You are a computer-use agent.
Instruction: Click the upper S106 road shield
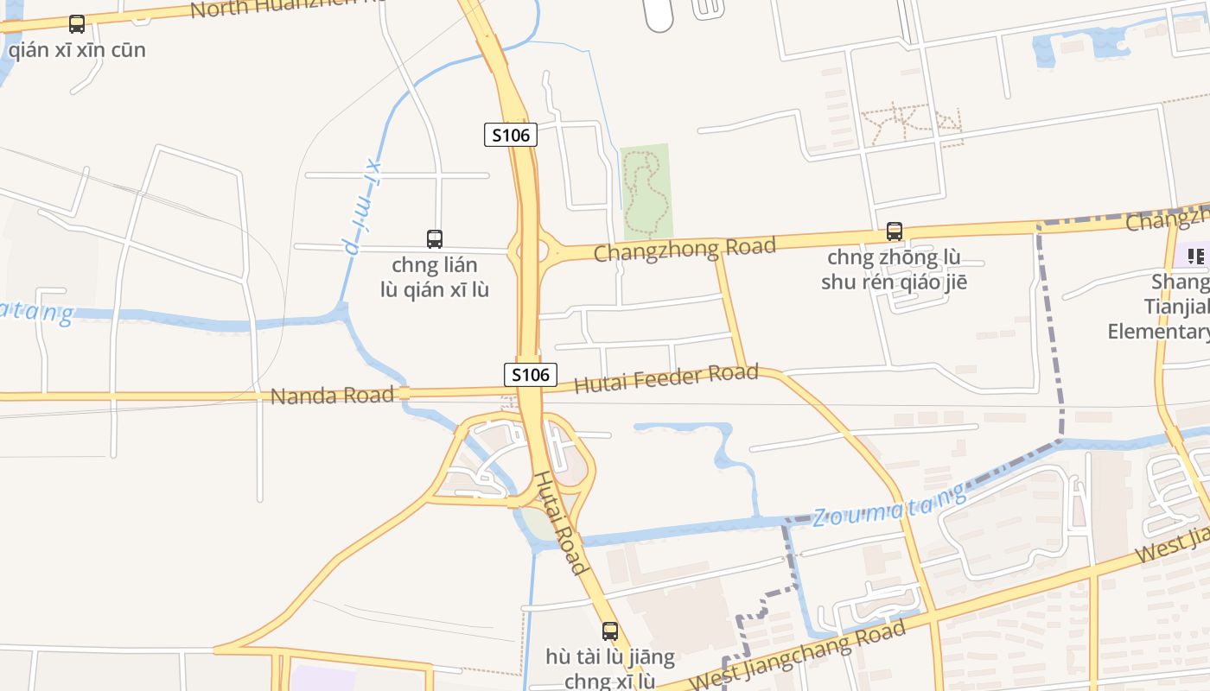coord(510,135)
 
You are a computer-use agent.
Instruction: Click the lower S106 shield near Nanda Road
coord(530,375)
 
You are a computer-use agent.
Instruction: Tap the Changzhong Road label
coord(685,249)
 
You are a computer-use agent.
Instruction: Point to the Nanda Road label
coord(332,396)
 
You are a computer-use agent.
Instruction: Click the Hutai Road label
coord(561,522)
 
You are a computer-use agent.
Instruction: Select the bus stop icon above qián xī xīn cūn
coord(77,24)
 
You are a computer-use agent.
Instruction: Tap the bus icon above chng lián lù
coord(435,238)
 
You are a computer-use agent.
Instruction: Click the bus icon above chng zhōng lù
coord(894,231)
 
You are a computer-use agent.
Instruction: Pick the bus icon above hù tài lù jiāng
coord(610,631)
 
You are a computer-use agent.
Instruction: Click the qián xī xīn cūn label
coord(77,49)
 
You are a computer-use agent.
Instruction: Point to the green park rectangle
coord(646,191)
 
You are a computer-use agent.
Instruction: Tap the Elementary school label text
coord(1158,331)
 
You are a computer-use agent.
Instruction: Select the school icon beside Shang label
coord(1196,256)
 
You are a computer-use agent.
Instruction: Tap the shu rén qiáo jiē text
coord(894,282)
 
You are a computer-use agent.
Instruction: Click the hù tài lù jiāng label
coord(610,656)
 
